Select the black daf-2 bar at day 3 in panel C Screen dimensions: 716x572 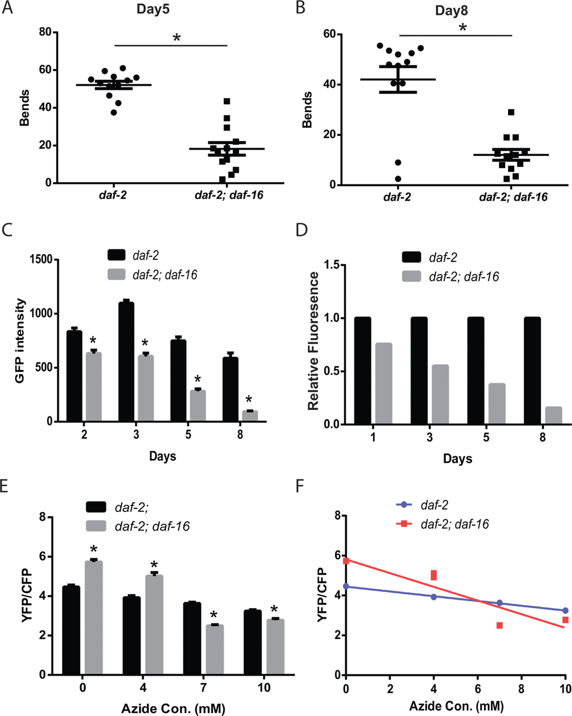126,361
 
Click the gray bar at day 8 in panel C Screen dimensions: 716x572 250,415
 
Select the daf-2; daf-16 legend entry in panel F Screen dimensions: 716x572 454,524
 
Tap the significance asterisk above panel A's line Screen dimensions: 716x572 177,38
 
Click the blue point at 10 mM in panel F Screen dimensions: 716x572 565,610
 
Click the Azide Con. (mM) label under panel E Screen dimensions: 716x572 173,693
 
